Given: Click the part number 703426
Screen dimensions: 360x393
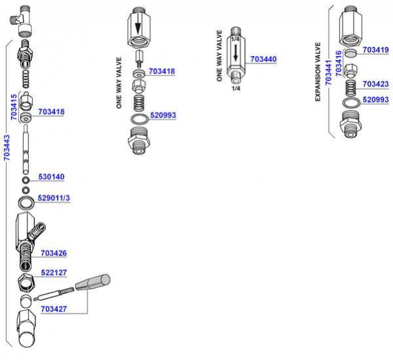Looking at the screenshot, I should [54, 253].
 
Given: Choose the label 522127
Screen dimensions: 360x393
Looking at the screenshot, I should [54, 273].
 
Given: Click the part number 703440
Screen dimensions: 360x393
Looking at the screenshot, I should [263, 59].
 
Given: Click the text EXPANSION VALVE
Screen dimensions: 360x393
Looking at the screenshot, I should [318, 72].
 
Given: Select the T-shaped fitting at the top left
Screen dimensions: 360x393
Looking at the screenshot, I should [22, 20].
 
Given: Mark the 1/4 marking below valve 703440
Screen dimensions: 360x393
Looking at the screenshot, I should [235, 88].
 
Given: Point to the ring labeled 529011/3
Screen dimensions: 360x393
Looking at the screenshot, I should [25, 201].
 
